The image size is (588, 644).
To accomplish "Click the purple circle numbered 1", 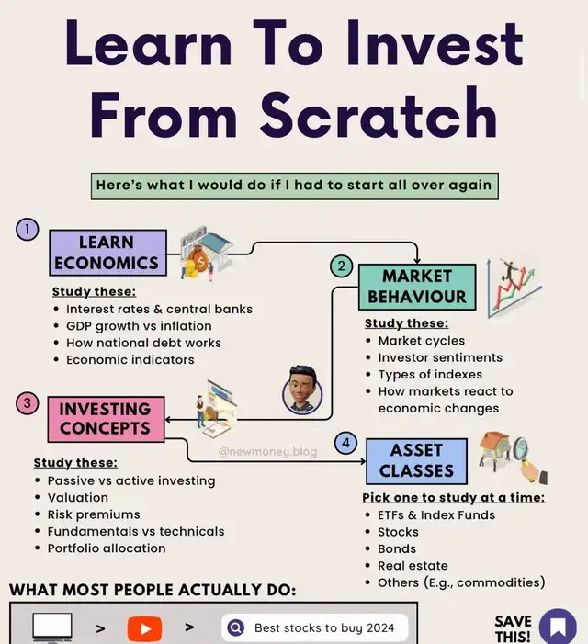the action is [27, 229].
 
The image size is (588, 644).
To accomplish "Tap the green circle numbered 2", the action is [341, 266].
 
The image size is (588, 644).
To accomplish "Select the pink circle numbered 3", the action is [27, 403].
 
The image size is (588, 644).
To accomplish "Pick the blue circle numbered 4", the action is [345, 443].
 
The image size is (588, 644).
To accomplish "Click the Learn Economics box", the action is [108, 253].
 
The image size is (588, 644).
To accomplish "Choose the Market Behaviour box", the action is [417, 287].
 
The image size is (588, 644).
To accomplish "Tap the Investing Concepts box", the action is [106, 419].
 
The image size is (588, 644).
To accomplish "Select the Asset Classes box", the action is [416, 461].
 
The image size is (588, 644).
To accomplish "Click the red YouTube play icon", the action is [144, 628].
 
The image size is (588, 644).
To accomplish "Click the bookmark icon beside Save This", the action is [558, 627].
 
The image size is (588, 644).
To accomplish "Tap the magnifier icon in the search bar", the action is [236, 627].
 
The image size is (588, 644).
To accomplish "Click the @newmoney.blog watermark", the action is [267, 452].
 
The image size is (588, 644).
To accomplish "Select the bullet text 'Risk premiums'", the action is [94, 514].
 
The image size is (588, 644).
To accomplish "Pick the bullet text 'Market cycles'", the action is [422, 341].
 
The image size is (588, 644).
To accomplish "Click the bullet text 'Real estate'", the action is [413, 566].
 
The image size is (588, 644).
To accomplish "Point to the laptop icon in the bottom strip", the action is [52, 627].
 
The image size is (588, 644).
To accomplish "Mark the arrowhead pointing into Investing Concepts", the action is [167, 420].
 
